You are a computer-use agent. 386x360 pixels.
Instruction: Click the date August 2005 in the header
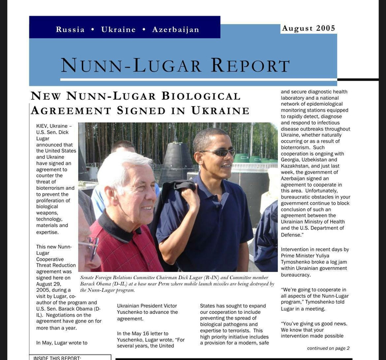pos(308,28)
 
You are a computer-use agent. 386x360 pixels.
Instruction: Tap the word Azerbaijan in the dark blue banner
pos(175,30)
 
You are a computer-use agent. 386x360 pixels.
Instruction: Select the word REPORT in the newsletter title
pos(250,65)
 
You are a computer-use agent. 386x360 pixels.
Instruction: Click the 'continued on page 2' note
pos(328,348)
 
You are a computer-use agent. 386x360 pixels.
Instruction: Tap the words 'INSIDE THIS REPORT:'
pos(57,357)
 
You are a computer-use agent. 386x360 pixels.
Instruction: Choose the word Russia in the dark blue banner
pos(70,30)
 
